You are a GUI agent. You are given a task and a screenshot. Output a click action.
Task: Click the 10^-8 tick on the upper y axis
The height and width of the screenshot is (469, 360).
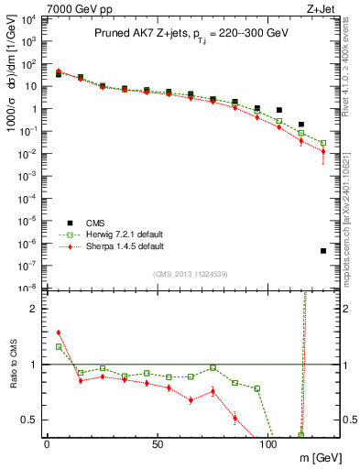27,288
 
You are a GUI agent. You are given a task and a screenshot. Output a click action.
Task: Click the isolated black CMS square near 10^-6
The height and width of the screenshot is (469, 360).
323,251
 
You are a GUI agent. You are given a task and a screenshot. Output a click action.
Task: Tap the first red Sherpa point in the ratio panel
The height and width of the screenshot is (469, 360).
59,333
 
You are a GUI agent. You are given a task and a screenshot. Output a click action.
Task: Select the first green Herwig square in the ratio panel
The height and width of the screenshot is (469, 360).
59,346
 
